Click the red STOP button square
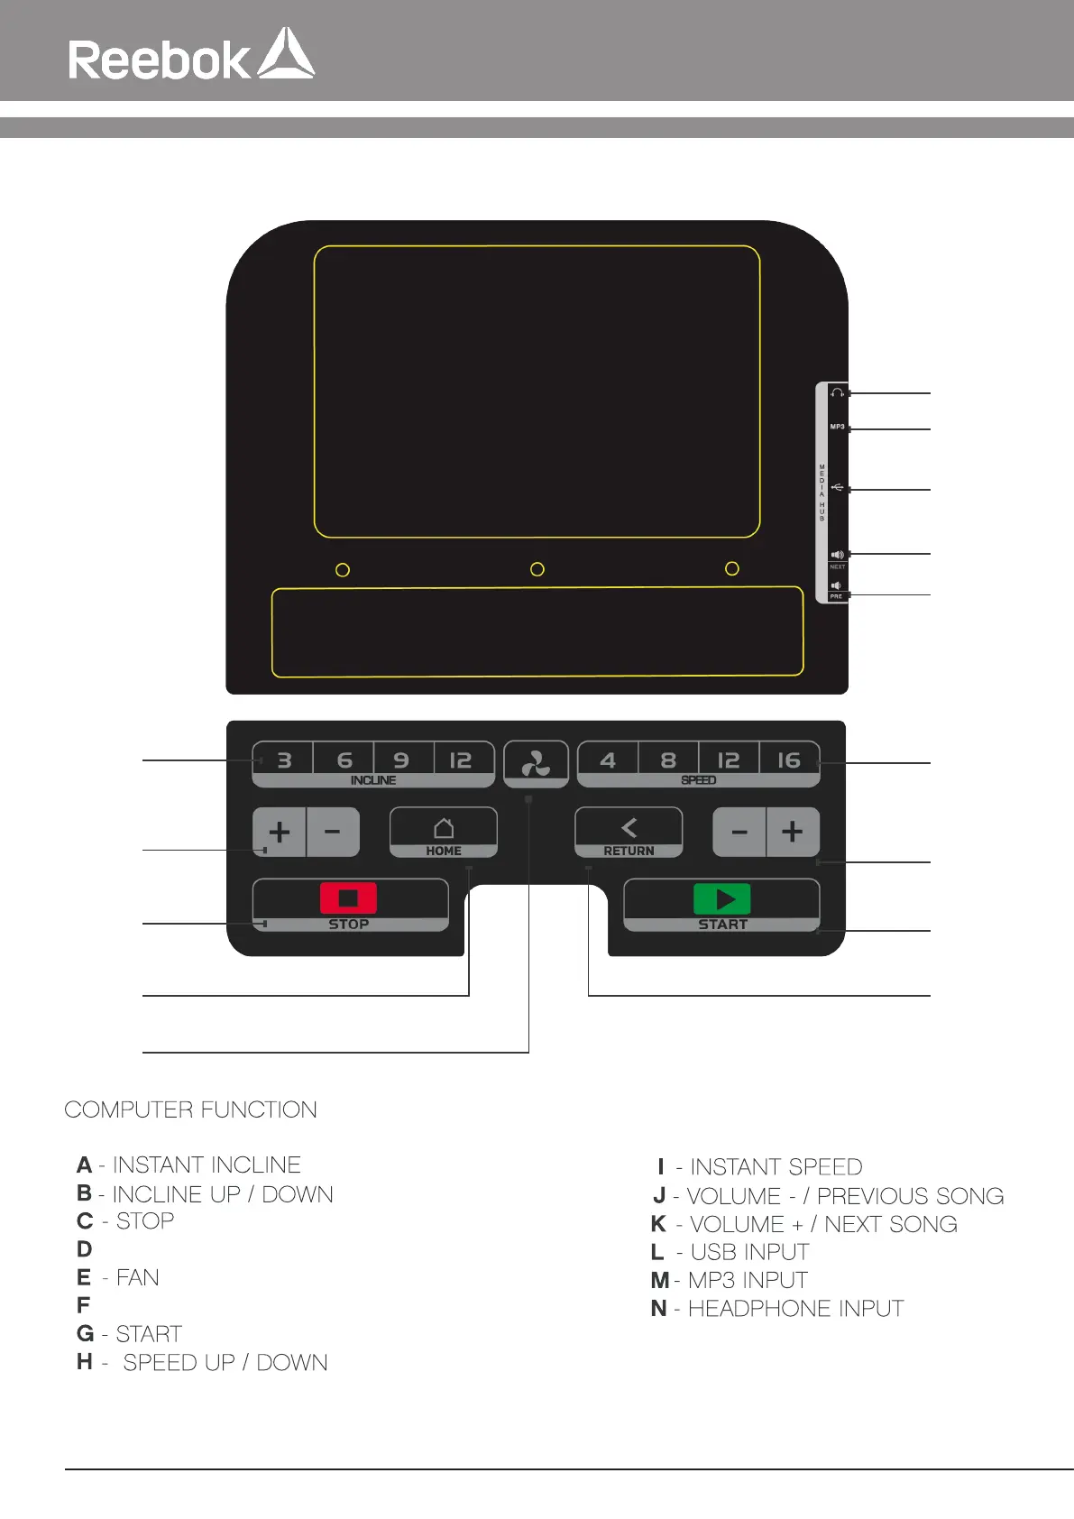point(348,898)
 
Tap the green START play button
point(722,898)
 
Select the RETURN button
point(629,833)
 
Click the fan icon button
point(536,764)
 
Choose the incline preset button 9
point(402,760)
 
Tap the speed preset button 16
point(789,760)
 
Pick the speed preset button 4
point(608,760)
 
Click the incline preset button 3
point(284,760)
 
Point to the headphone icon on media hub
point(838,392)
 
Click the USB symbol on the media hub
point(838,488)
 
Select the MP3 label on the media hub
point(838,427)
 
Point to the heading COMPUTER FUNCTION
point(190,1109)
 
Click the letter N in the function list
point(659,1309)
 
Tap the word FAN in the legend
point(138,1278)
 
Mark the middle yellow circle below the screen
point(537,569)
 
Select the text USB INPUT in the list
point(749,1252)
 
